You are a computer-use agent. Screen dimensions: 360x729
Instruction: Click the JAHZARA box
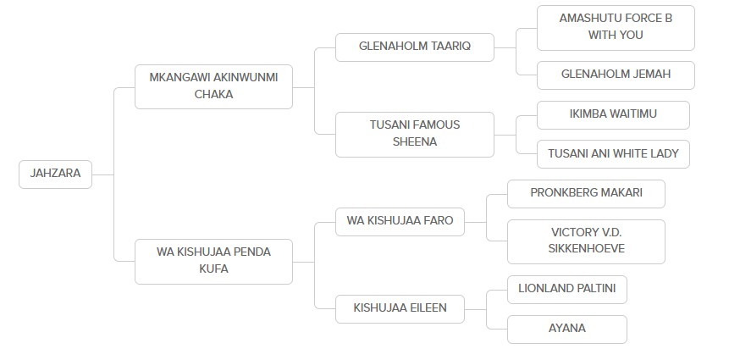click(x=55, y=174)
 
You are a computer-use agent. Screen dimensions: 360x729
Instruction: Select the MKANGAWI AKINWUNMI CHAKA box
click(x=213, y=86)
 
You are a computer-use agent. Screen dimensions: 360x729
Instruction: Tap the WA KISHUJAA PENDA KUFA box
click(x=213, y=261)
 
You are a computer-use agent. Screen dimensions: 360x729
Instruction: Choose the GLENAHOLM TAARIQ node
click(x=414, y=47)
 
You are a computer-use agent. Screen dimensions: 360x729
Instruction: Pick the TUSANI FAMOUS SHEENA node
click(x=414, y=134)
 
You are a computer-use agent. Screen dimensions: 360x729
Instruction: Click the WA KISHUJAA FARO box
click(x=400, y=221)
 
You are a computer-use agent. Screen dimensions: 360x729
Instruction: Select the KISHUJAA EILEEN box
click(x=400, y=308)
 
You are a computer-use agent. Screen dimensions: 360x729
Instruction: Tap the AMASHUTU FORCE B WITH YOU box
click(x=615, y=26)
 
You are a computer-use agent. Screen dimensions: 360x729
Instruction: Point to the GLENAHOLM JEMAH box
click(x=615, y=75)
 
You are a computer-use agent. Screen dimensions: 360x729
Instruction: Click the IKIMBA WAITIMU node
click(x=614, y=114)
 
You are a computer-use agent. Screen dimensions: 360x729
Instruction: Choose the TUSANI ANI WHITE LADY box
click(x=614, y=153)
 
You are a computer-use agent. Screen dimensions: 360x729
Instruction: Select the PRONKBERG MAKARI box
click(x=586, y=193)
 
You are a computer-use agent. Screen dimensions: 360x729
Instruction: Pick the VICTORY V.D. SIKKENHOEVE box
click(x=586, y=241)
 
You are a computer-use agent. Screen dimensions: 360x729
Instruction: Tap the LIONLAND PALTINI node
click(x=567, y=289)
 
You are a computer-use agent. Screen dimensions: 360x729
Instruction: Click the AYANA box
click(x=567, y=329)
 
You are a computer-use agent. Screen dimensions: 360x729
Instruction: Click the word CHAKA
click(x=213, y=95)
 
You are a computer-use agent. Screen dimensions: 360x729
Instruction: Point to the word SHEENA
click(x=414, y=142)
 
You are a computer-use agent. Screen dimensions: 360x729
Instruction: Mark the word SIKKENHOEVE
click(x=586, y=250)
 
